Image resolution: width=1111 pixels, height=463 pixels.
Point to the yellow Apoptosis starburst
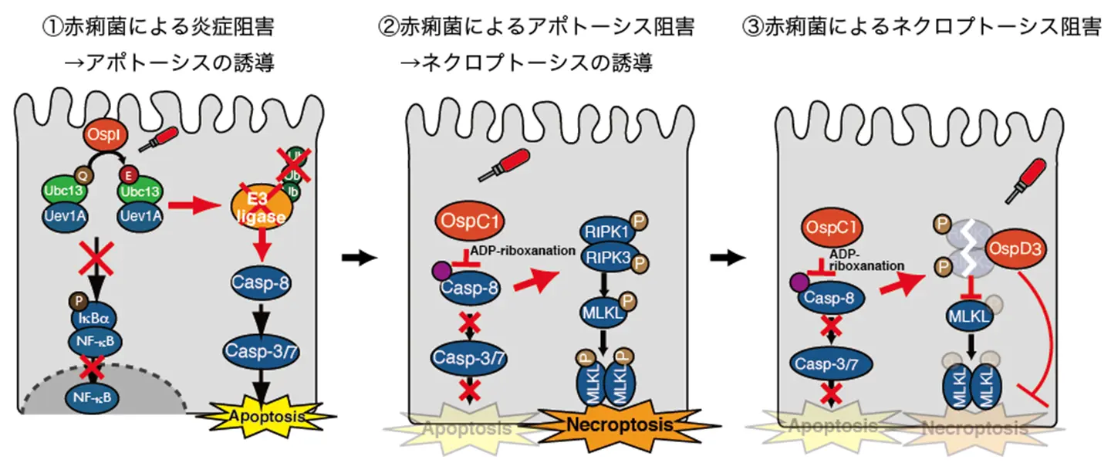(265, 417)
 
